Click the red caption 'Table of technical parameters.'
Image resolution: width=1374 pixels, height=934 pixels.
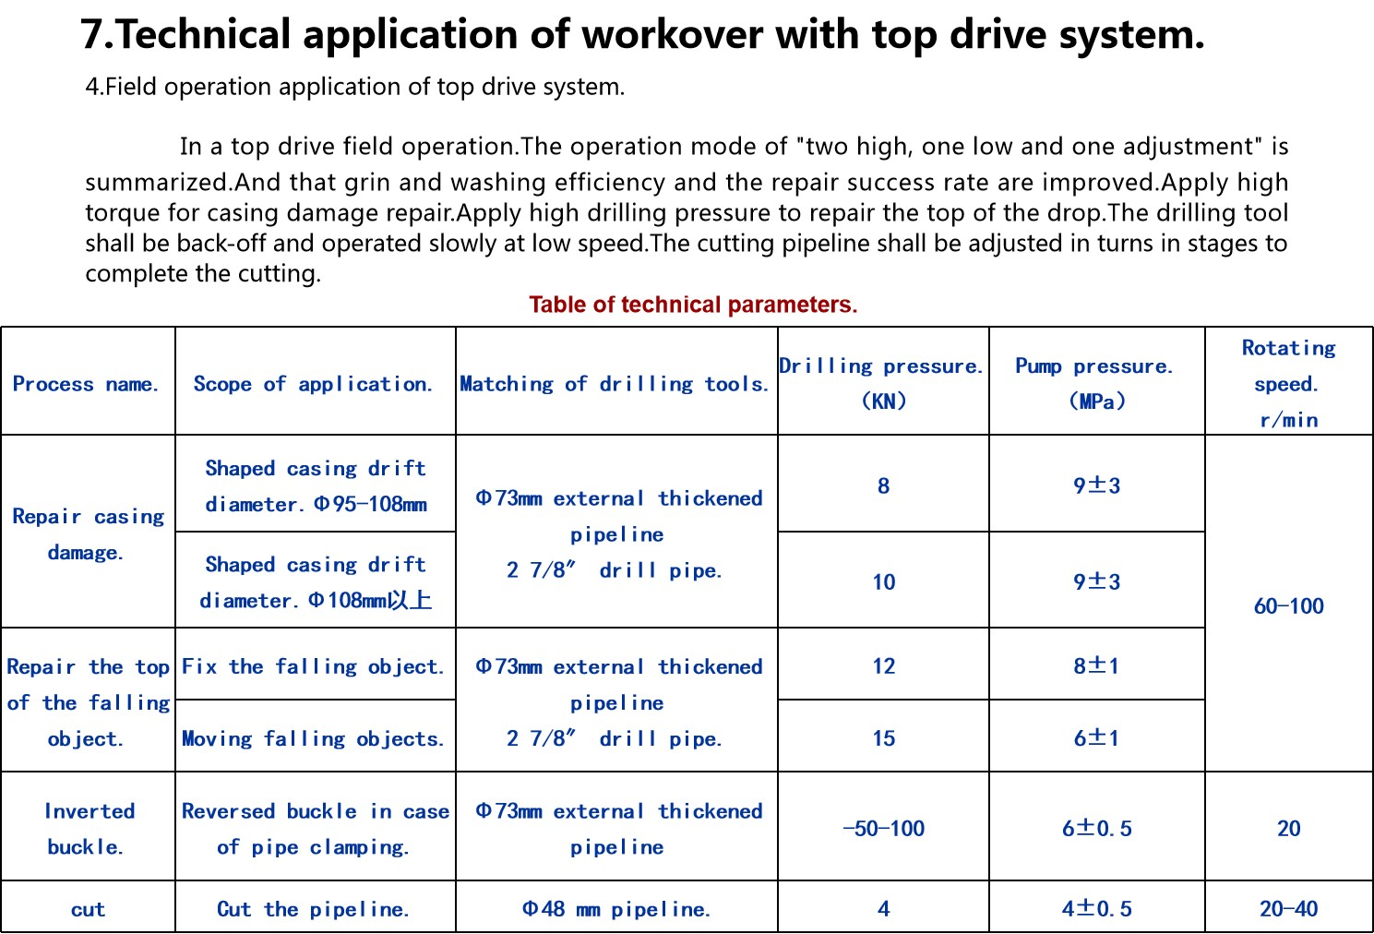693,305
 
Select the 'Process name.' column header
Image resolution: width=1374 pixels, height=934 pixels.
86,384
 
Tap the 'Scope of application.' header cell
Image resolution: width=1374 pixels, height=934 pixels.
313,384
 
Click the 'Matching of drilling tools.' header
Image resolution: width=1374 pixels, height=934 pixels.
615,384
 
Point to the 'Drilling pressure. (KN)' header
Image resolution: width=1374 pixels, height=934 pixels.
882,383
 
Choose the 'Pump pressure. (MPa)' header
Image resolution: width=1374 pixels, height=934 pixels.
1095,383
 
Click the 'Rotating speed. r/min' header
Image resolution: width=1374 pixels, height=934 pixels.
1288,383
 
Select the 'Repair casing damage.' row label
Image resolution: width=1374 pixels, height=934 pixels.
88,534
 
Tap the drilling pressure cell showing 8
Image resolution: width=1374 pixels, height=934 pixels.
883,485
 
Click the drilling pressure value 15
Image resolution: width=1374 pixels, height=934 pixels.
883,738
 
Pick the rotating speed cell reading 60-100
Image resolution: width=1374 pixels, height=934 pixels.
1288,606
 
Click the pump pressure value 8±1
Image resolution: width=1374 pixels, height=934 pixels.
1096,665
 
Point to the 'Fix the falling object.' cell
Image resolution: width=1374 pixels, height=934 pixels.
314,666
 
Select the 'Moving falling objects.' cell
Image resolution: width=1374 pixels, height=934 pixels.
314,738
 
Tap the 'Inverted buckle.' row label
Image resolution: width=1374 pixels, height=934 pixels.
88,829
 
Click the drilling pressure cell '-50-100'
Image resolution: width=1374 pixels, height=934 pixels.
883,829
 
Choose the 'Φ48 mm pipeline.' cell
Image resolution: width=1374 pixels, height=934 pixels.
616,909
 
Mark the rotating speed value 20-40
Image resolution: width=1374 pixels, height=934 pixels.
1288,909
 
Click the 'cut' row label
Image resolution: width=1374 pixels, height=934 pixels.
88,909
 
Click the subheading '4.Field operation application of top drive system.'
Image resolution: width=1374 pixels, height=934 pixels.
355,87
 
